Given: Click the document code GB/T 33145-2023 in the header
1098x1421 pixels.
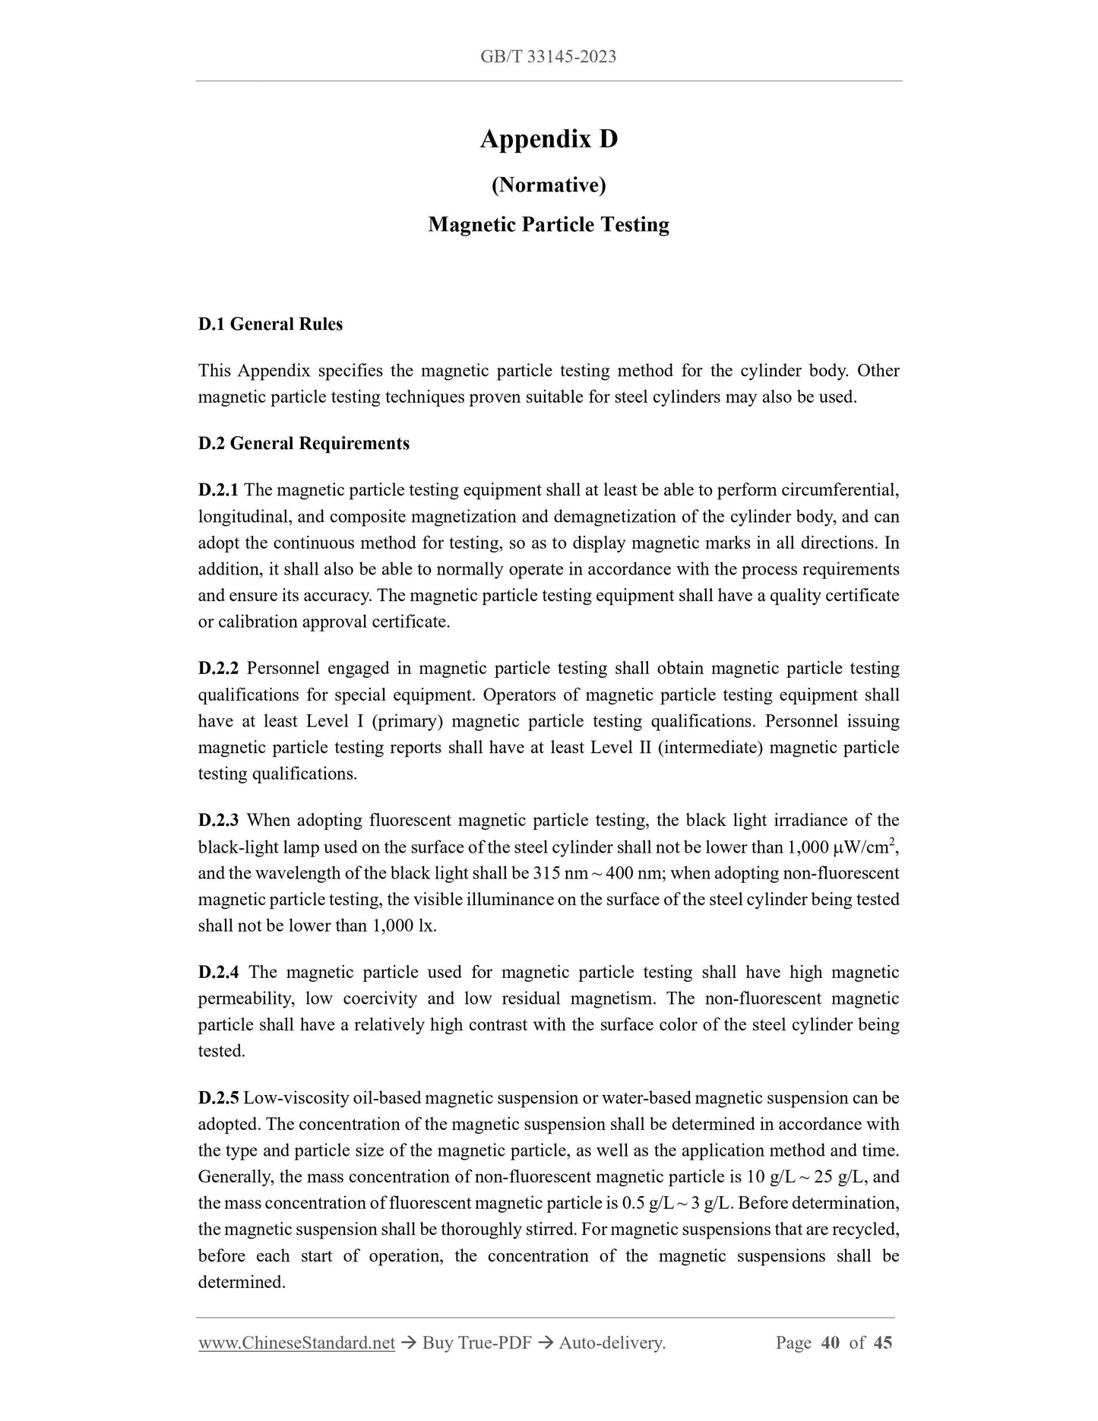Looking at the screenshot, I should tap(548, 56).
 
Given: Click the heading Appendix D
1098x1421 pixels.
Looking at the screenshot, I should tap(549, 139).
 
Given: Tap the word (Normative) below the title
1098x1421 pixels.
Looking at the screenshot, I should tap(549, 185).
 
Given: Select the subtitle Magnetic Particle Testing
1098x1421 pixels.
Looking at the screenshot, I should tap(549, 225).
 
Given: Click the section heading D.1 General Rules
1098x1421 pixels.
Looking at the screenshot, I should tap(270, 324).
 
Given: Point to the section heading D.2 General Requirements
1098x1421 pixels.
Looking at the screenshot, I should tap(303, 444).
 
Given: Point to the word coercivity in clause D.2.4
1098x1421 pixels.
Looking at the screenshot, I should tap(378, 998).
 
